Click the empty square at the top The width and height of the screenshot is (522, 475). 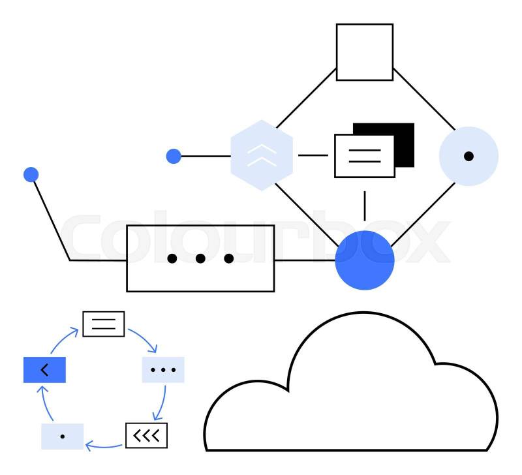364,52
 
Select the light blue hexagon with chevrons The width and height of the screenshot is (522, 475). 262,155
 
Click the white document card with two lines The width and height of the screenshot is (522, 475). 364,156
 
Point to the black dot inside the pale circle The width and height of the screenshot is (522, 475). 468,156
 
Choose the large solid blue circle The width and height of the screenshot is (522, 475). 365,260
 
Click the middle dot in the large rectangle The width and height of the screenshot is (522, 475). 200,258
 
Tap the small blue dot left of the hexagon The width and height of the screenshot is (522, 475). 174,156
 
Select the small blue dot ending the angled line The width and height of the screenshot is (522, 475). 31,175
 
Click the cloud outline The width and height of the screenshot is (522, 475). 352,391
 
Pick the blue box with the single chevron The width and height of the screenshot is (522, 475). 44,370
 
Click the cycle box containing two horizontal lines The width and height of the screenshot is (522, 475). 103,324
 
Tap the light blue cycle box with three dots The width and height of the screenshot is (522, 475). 163,370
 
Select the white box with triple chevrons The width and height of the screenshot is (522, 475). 146,436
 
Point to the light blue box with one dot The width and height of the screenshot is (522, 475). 62,437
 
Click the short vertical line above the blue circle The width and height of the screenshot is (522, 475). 365,206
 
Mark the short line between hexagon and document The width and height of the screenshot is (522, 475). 313,155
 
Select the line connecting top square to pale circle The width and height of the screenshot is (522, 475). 424,98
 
